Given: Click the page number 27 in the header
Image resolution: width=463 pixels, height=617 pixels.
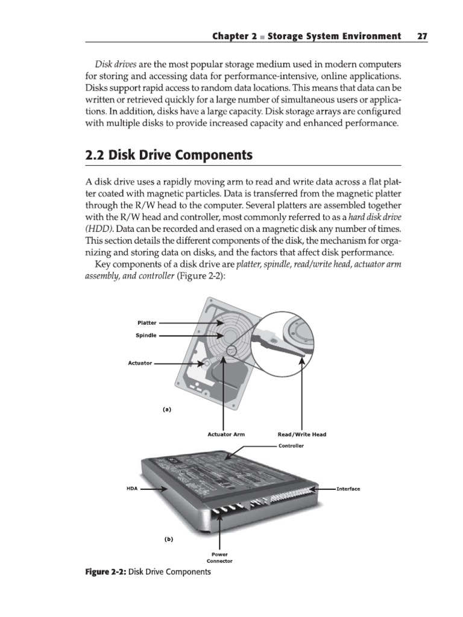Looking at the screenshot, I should coord(421,37).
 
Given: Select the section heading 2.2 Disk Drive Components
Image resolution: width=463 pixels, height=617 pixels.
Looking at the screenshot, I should coord(168,155).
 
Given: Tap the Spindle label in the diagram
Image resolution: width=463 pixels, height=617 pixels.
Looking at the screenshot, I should coord(146,335).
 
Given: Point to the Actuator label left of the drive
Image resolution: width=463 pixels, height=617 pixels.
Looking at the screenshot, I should coord(140,363).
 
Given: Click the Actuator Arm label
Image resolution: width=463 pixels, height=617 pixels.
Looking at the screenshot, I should coord(226,434).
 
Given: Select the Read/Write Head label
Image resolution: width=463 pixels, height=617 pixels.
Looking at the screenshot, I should coord(301,434).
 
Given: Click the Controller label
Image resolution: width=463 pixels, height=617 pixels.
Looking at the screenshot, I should coord(291,446).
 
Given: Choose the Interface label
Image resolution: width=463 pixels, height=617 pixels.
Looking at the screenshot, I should coord(348,489).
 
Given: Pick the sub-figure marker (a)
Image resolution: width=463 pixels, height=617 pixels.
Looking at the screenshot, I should coord(167,409).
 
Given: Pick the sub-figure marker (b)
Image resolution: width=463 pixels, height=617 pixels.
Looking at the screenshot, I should coord(168,539).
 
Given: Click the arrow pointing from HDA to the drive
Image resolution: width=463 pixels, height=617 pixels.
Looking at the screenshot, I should coord(154,489).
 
